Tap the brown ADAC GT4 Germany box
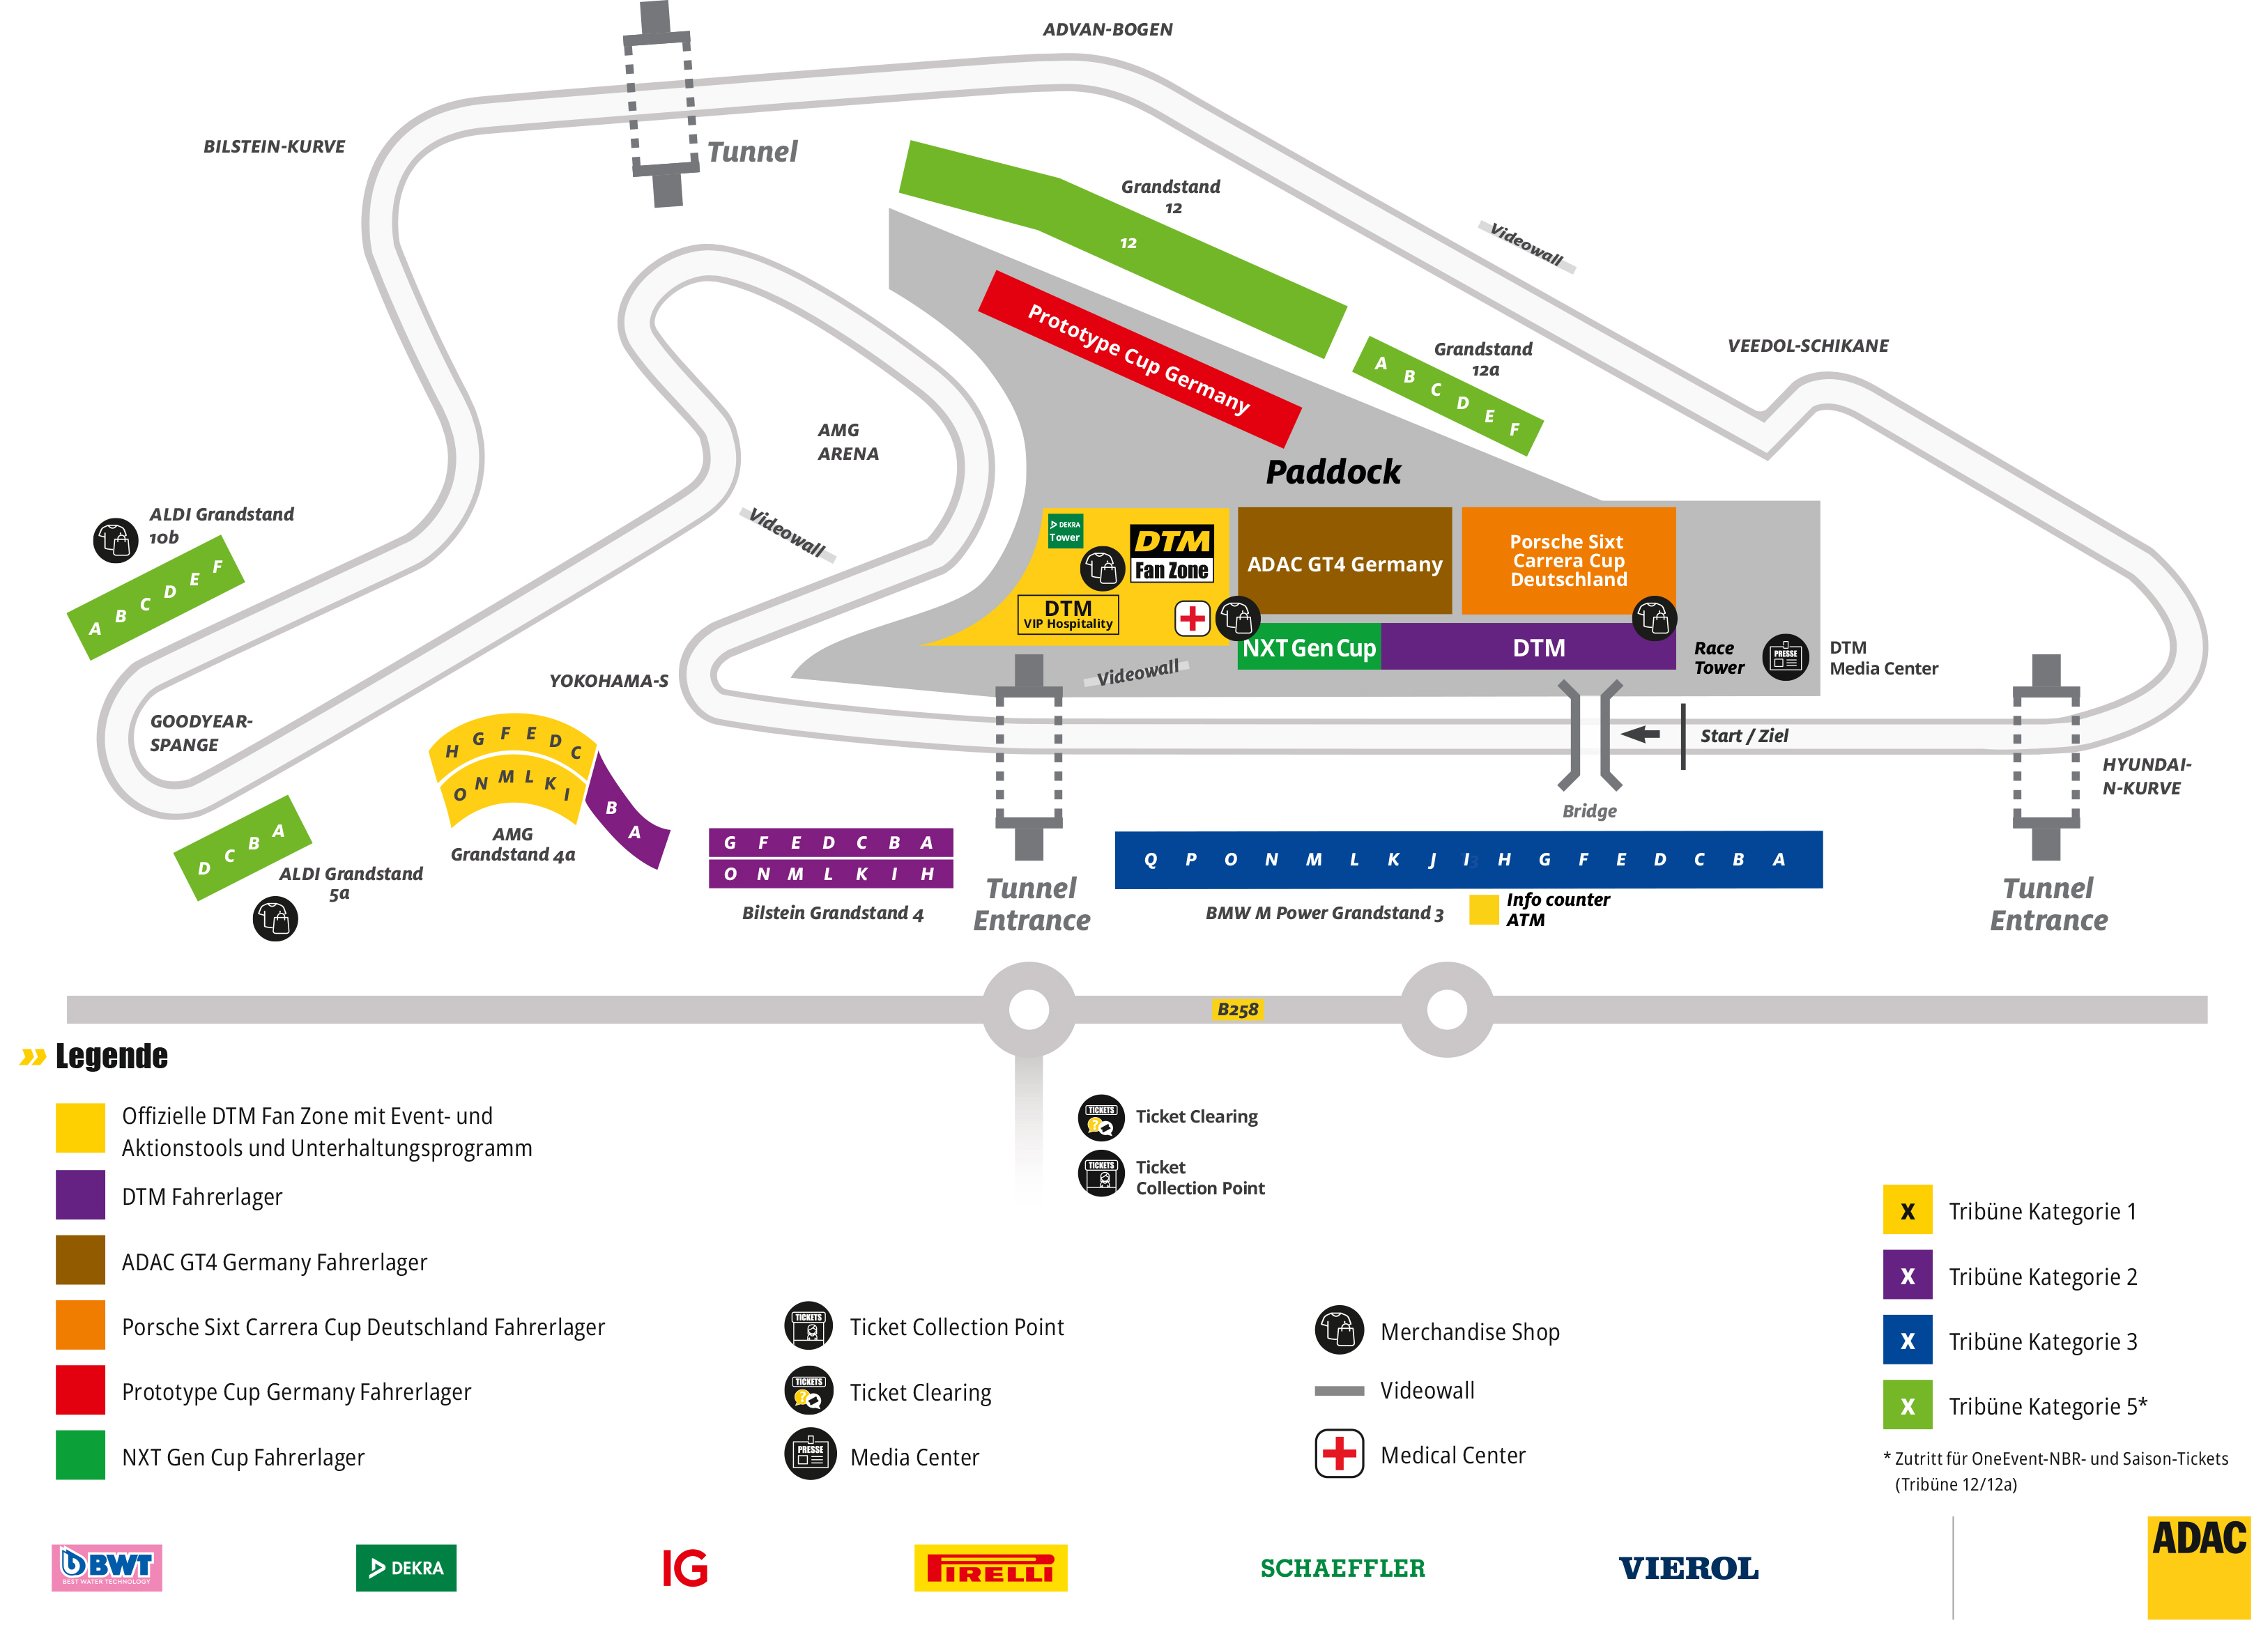pyautogui.click(x=1344, y=562)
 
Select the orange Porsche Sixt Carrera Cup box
pyautogui.click(x=1567, y=560)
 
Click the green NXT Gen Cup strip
pyautogui.click(x=1308, y=648)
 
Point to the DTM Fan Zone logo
pyautogui.click(x=1172, y=553)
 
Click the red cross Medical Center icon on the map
pyautogui.click(x=1192, y=618)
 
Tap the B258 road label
pyautogui.click(x=1237, y=1010)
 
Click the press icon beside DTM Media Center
pyautogui.click(x=1785, y=657)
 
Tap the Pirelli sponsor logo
pyautogui.click(x=990, y=1567)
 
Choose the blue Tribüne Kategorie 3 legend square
pyautogui.click(x=1906, y=1340)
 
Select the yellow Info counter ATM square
pyautogui.click(x=1482, y=909)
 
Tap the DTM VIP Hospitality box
pyautogui.click(x=1067, y=614)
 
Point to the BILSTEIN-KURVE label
pyautogui.click(x=275, y=147)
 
